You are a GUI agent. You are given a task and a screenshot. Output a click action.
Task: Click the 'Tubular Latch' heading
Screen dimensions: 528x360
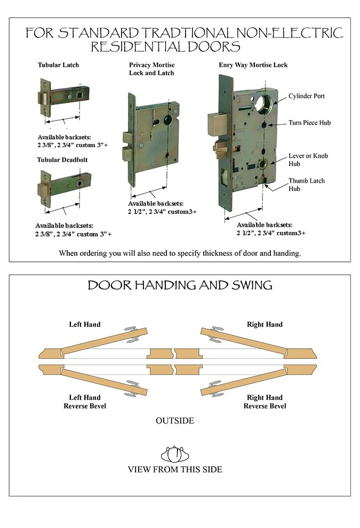58,65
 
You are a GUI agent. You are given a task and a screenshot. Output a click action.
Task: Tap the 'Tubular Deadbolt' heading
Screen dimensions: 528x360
62,159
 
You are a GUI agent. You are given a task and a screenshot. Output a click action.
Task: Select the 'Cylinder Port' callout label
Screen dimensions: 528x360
307,96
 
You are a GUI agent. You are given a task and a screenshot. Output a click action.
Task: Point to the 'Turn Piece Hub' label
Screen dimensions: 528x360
310,123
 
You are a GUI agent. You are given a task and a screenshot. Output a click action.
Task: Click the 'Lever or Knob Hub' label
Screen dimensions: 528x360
308,159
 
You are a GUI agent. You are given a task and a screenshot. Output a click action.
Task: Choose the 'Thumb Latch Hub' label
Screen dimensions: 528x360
307,185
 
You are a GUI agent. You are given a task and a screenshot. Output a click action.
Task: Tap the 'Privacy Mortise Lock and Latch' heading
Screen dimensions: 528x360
151,69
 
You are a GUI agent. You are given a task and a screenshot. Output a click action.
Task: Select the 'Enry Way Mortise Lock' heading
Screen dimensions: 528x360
253,65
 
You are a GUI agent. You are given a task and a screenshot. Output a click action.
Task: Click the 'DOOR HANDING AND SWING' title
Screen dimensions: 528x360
180,285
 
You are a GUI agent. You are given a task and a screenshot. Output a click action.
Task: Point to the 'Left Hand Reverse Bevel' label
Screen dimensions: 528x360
84,402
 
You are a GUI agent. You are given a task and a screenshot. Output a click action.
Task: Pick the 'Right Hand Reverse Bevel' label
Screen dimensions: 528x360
265,402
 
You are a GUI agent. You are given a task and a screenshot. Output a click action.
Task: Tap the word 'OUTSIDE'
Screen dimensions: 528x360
175,421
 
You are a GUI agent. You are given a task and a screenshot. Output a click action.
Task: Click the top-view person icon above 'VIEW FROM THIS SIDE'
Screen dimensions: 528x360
175,454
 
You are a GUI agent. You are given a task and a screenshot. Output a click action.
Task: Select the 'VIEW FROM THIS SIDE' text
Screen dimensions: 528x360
175,469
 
